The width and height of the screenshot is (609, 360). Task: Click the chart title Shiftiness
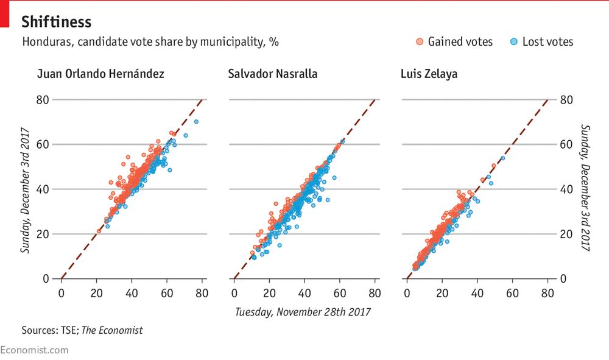pyautogui.click(x=56, y=23)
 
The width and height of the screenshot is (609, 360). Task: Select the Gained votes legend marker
pyautogui.click(x=419, y=42)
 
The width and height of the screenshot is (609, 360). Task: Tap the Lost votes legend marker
pyautogui.click(x=513, y=42)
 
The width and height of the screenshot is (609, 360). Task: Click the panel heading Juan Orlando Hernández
pyautogui.click(x=100, y=74)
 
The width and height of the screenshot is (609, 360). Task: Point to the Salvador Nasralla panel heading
pyautogui.click(x=272, y=74)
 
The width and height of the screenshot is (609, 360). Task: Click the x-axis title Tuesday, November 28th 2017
pyautogui.click(x=303, y=312)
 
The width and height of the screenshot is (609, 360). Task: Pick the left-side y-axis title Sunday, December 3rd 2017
pyautogui.click(x=26, y=190)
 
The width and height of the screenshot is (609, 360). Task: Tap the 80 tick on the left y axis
pyautogui.click(x=42, y=99)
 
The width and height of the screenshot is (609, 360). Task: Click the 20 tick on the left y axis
pyautogui.click(x=42, y=234)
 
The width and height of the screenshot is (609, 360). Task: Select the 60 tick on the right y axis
pyautogui.click(x=566, y=144)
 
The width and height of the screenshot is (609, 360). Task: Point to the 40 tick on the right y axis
pyautogui.click(x=566, y=189)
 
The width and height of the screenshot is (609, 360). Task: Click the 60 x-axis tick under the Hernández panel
pyautogui.click(x=167, y=293)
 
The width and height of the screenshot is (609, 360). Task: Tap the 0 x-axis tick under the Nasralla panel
pyautogui.click(x=234, y=293)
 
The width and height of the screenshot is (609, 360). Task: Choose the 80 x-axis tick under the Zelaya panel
pyautogui.click(x=547, y=293)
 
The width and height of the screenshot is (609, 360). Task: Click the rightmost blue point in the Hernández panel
pyautogui.click(x=196, y=121)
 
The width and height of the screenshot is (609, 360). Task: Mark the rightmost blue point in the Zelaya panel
pyautogui.click(x=502, y=158)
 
